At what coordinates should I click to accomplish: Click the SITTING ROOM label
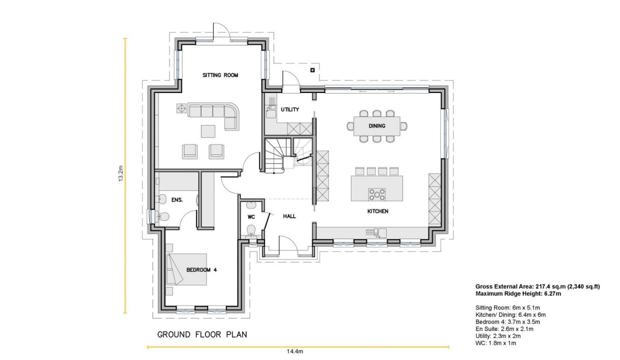pyautogui.click(x=220, y=75)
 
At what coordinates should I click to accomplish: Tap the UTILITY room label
pyautogui.click(x=290, y=109)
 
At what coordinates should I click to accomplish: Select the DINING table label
pyautogui.click(x=376, y=126)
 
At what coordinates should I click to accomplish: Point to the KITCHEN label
pyautogui.click(x=377, y=211)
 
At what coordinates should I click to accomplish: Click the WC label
pyautogui.click(x=251, y=217)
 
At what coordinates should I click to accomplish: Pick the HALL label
pyautogui.click(x=289, y=216)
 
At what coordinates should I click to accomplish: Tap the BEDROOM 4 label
pyautogui.click(x=201, y=270)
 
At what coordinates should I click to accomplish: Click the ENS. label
pyautogui.click(x=177, y=200)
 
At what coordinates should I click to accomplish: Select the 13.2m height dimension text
pyautogui.click(x=120, y=173)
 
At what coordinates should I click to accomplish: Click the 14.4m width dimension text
pyautogui.click(x=295, y=351)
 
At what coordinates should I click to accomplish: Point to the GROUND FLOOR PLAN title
pyautogui.click(x=202, y=334)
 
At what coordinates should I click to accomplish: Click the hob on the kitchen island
pyautogui.click(x=376, y=194)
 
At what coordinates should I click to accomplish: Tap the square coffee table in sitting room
pyautogui.click(x=208, y=131)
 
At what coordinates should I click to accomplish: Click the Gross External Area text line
pyautogui.click(x=537, y=286)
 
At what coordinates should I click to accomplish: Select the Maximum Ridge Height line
pyautogui.click(x=518, y=293)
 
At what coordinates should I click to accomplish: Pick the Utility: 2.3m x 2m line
pyautogui.click(x=498, y=336)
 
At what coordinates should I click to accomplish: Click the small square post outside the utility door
pyautogui.click(x=312, y=70)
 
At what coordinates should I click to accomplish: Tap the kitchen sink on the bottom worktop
pyautogui.click(x=376, y=232)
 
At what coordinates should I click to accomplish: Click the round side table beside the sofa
pyautogui.click(x=181, y=108)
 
